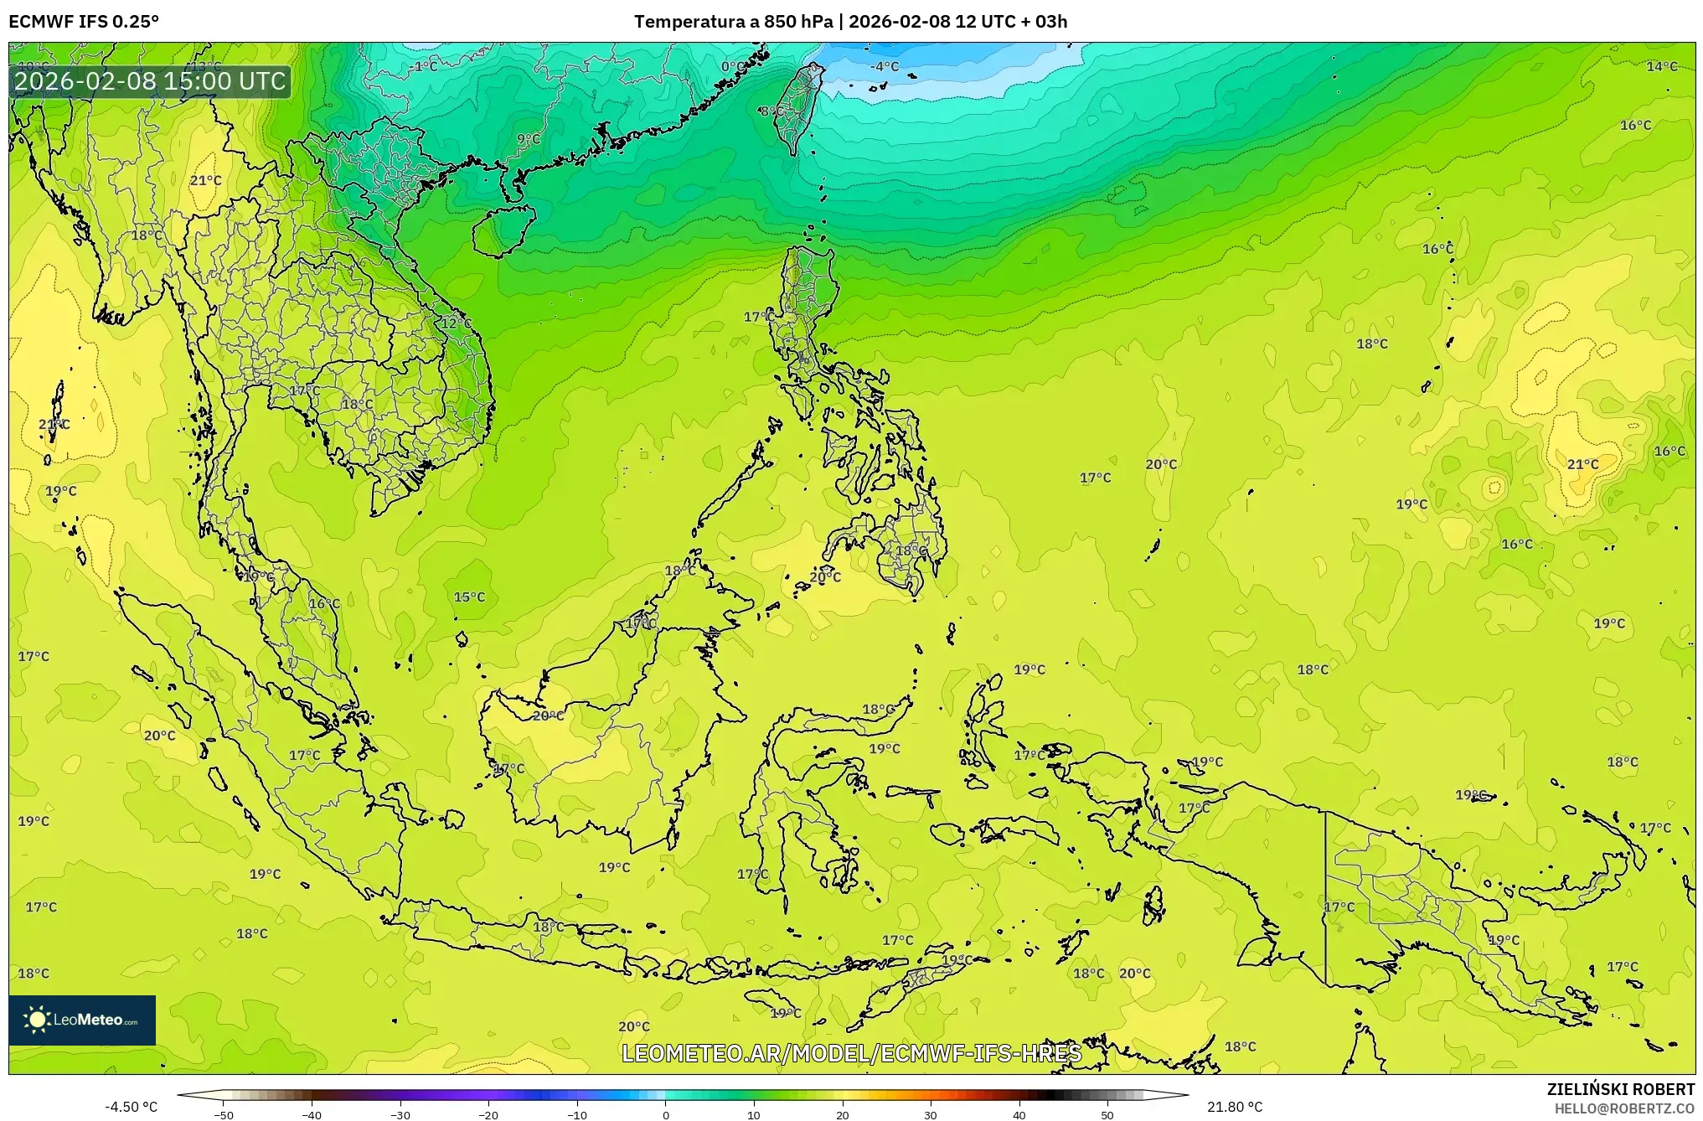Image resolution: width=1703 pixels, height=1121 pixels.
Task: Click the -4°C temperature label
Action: (885, 66)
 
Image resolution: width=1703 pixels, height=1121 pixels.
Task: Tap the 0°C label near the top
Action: (732, 66)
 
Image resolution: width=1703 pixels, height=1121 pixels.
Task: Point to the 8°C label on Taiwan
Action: (772, 111)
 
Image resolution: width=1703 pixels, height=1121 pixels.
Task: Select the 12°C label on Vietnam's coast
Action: (457, 323)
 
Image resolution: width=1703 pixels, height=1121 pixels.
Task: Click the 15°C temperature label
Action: (469, 597)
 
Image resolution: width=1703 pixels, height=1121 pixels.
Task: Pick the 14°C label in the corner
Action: (1662, 66)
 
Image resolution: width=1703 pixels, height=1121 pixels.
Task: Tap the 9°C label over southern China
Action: (529, 139)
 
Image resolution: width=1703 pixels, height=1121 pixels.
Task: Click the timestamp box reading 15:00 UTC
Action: (151, 81)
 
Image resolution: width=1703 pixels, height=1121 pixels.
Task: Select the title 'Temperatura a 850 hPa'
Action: (733, 21)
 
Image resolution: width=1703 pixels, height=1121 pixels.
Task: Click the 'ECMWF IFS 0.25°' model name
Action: (84, 21)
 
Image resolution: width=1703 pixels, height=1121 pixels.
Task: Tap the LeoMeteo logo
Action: (82, 1020)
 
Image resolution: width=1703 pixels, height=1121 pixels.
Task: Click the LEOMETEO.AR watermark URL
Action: (851, 1053)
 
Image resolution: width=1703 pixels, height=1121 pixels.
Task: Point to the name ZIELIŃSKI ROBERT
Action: (1620, 1089)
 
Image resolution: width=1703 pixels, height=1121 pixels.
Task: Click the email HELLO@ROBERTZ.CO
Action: (1624, 1108)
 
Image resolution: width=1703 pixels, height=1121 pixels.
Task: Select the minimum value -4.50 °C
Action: (131, 1107)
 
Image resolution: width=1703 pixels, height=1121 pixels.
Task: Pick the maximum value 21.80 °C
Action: (1235, 1107)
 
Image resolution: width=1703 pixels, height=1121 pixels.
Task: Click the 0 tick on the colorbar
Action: (666, 1115)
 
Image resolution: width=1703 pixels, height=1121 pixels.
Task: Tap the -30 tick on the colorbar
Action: (400, 1115)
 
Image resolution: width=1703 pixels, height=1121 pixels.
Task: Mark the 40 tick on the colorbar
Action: (1019, 1115)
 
